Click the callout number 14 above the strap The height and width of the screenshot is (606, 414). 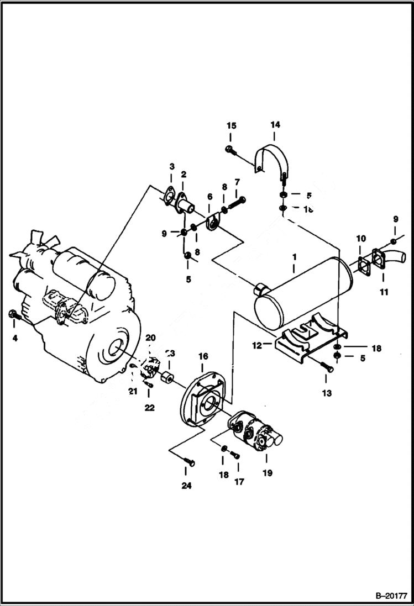click(275, 125)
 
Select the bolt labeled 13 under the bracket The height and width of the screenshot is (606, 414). click(326, 366)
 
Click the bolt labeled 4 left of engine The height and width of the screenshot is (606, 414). click(14, 315)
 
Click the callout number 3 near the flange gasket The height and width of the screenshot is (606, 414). click(171, 166)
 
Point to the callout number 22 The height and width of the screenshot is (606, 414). click(149, 408)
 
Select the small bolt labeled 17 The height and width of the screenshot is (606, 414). click(235, 455)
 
